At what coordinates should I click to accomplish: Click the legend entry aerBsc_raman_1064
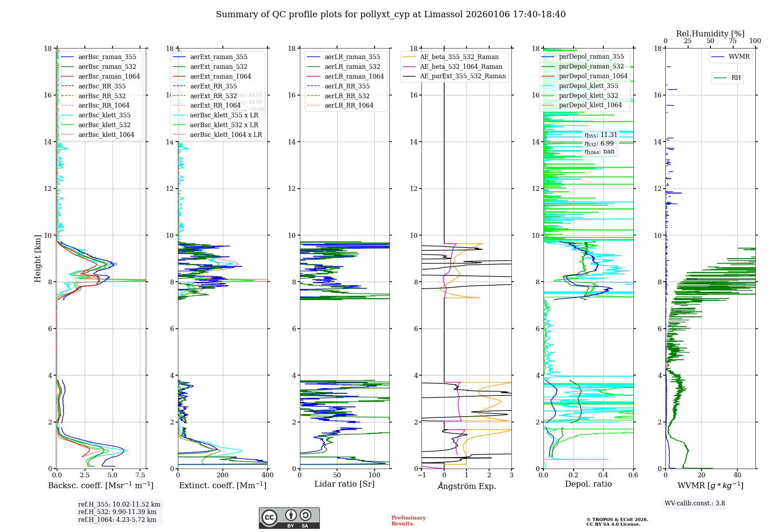pos(109,77)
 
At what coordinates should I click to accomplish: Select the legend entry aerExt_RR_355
pos(213,86)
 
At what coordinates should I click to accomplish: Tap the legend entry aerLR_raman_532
pos(352,67)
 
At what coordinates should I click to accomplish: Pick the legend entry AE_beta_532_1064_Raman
pos(461,67)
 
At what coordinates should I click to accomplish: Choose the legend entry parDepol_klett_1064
pos(590,105)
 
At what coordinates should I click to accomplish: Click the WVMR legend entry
pos(739,57)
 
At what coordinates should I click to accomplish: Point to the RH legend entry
pos(736,78)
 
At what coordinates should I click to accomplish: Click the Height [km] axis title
pos(38,258)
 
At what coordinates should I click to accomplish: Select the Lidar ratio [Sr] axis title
pos(344,484)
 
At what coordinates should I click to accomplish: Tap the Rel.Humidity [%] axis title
pos(710,34)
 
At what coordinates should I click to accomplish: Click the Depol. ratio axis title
pos(588,484)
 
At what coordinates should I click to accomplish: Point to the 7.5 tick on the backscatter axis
pos(140,475)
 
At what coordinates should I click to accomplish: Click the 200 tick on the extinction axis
pos(223,475)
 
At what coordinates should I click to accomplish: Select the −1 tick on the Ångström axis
pos(421,475)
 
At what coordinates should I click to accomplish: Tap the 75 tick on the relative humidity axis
pos(732,41)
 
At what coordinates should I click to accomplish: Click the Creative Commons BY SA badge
pos(289,518)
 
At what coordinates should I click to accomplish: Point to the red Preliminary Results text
pos(408,521)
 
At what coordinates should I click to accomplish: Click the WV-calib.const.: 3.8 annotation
pos(695,503)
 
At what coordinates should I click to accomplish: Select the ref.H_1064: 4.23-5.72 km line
pos(117,520)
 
